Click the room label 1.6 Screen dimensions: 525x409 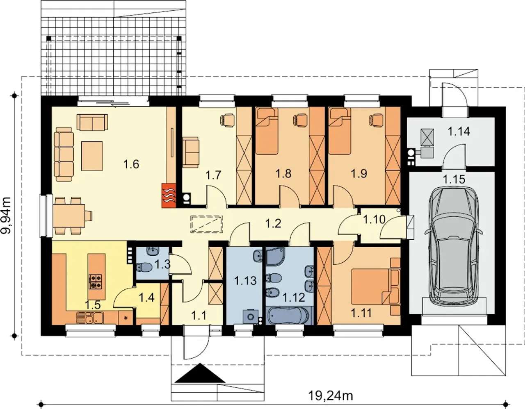click(x=131, y=164)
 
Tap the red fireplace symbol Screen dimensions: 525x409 click(x=169, y=195)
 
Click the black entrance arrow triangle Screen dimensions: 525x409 click(x=200, y=373)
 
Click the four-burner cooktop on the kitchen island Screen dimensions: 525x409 click(x=96, y=282)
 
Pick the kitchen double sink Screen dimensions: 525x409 click(x=90, y=318)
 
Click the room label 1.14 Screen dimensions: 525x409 click(x=459, y=132)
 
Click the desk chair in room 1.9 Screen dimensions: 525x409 click(x=376, y=119)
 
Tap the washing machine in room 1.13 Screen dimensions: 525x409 click(x=251, y=316)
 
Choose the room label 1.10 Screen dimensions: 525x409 click(x=374, y=220)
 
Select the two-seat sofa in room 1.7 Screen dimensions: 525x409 click(x=191, y=152)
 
